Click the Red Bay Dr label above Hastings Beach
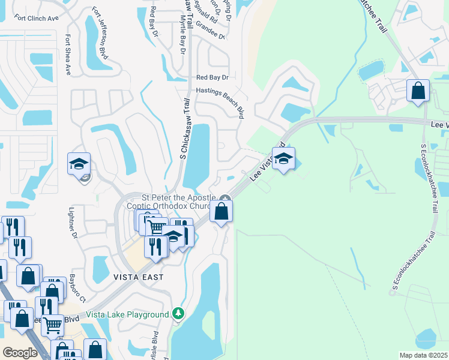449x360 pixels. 213,77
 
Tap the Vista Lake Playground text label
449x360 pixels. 127,314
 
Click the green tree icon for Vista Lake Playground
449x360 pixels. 178,314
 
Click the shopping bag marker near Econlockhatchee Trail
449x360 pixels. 418,91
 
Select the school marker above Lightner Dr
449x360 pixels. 79,164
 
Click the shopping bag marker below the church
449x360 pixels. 221,211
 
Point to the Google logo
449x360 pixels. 20,353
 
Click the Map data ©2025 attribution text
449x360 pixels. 423,355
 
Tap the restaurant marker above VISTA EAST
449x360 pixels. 156,247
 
